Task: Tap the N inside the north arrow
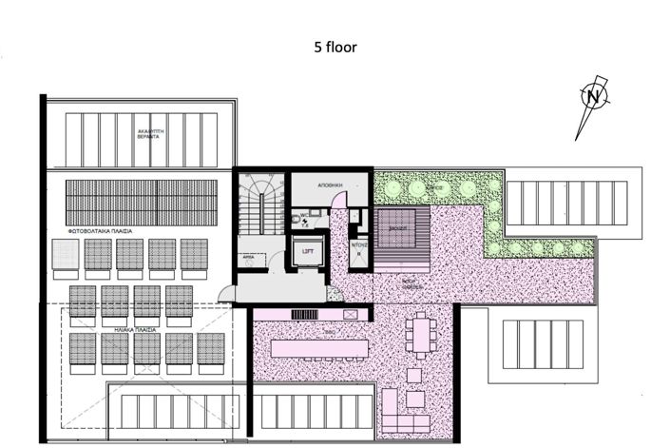(x=593, y=96)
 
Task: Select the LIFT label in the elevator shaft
(x=308, y=251)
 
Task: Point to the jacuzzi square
(x=397, y=229)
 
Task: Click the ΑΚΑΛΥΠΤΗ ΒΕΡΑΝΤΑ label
(x=146, y=134)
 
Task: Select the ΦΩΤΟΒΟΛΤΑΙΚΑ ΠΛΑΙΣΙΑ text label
(x=99, y=231)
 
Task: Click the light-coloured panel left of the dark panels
(x=65, y=254)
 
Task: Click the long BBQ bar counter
(x=318, y=348)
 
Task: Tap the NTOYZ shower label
(x=358, y=244)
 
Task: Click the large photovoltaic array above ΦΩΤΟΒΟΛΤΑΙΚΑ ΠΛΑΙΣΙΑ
(x=142, y=202)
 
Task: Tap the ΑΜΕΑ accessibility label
(x=247, y=257)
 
